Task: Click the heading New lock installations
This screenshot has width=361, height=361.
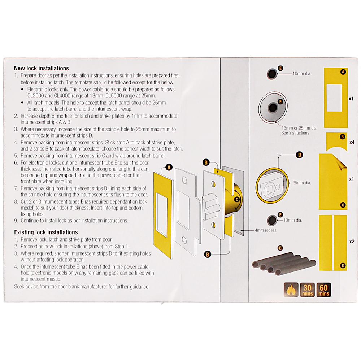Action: (x=41, y=68)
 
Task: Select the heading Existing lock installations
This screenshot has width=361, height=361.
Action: (x=46, y=232)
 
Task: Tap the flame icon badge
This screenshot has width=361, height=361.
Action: (x=291, y=290)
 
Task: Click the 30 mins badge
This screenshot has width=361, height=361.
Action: (x=307, y=290)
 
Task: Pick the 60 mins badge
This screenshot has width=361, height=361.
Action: (x=323, y=290)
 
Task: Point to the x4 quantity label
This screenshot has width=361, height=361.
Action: (x=352, y=142)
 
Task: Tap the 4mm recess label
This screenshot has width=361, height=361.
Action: (x=265, y=230)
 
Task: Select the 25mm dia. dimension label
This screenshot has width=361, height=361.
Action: (x=301, y=183)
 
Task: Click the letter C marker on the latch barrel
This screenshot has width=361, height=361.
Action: (x=237, y=199)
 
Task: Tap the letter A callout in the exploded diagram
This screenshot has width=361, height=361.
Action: (x=168, y=167)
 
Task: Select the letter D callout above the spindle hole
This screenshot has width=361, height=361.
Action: (x=299, y=155)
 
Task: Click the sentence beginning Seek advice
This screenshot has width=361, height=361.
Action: (x=82, y=287)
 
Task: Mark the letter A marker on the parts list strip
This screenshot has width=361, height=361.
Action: (x=343, y=72)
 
